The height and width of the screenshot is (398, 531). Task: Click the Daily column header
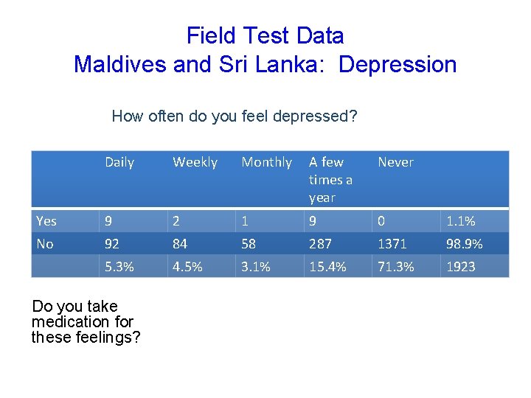coord(119,162)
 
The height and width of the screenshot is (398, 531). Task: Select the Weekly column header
coord(195,162)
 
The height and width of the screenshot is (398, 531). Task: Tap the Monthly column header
coord(266,162)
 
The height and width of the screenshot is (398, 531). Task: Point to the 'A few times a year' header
coord(330,179)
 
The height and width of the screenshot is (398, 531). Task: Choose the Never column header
coord(395,162)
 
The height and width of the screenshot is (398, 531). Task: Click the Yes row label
coord(46,221)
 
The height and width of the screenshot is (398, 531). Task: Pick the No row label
coord(44,243)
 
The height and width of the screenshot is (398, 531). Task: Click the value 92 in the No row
coord(114,243)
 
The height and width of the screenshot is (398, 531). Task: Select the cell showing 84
coord(181,243)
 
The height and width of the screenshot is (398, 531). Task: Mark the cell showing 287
coord(321,243)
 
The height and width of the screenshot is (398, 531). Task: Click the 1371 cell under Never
coord(392,243)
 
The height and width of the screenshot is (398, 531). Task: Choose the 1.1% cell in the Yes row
coord(460,221)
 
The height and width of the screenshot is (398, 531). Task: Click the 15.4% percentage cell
coord(327,267)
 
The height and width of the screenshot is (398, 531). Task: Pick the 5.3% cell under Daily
coord(119,267)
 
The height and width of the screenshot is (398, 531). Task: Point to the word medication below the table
coord(83,321)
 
